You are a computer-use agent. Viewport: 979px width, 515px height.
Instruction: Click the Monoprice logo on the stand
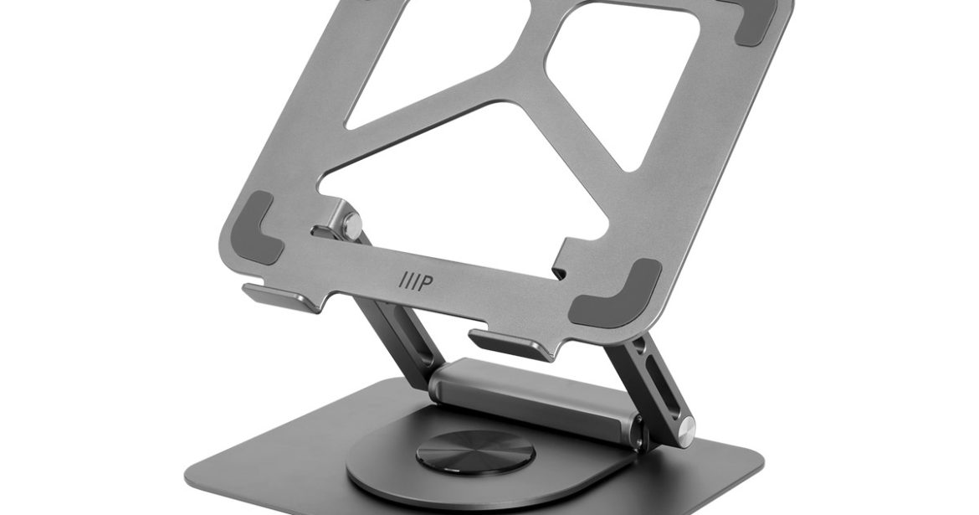tap(415, 282)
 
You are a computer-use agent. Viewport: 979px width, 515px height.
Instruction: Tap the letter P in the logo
tap(424, 283)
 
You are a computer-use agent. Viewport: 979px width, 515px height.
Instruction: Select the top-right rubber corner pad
tap(755, 23)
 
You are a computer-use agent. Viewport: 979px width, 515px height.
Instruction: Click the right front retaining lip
tap(510, 343)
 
